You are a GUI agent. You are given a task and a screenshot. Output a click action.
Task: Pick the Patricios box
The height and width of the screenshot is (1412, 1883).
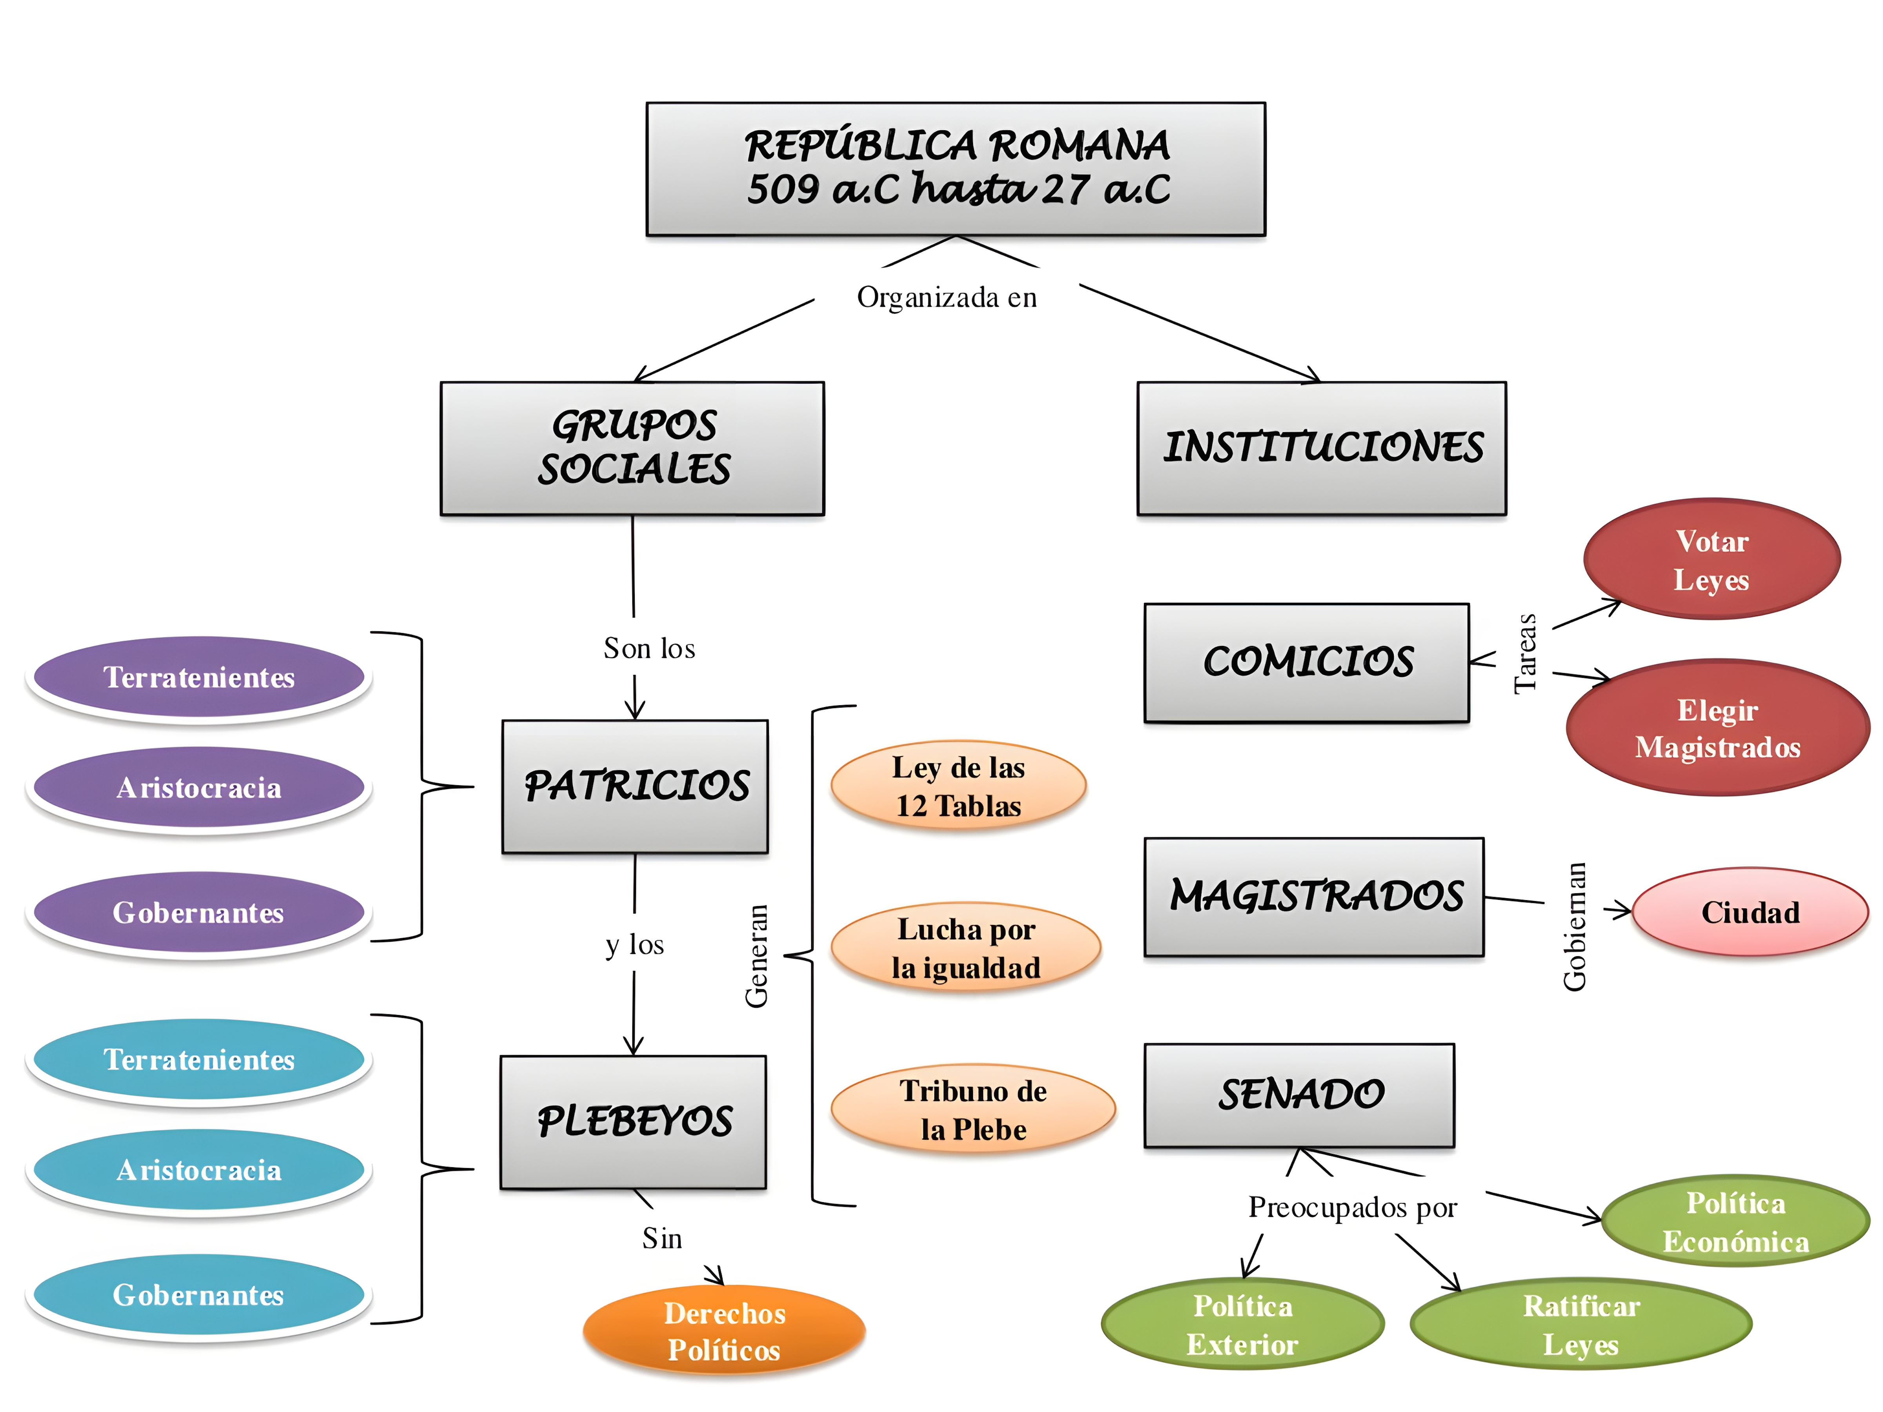635,786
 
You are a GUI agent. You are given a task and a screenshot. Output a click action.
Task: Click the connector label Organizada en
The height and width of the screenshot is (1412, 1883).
947,297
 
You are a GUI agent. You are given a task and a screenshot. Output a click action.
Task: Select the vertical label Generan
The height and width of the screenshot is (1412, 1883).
756,956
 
